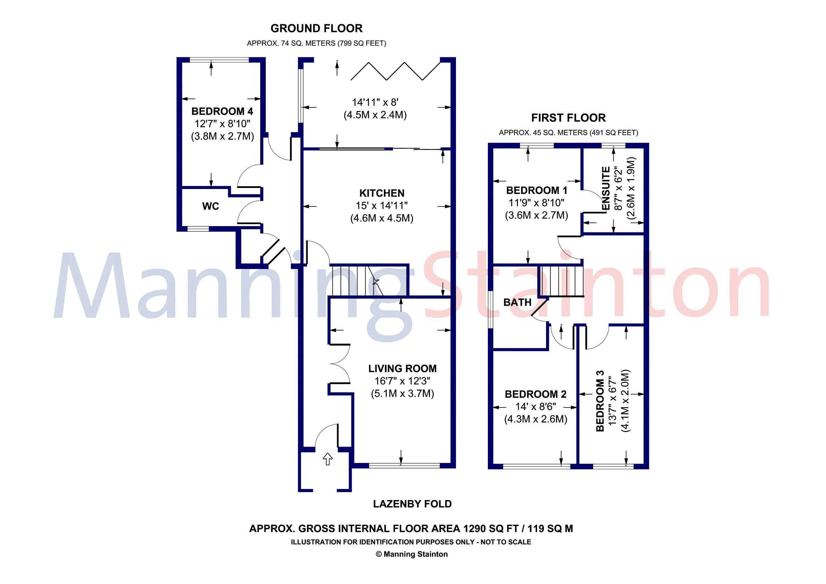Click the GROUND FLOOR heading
316,28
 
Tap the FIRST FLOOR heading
568,118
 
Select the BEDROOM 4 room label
222,111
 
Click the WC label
210,206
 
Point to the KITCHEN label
382,194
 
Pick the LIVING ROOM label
402,369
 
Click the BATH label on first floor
517,302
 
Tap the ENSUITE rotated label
606,188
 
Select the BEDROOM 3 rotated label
600,401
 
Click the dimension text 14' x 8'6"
536,407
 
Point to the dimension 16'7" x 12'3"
402,381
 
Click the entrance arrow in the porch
327,459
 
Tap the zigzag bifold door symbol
395,71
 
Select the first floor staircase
560,280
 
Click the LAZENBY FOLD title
412,504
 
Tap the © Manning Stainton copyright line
412,554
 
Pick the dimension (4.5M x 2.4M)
375,115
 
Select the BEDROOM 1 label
536,190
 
